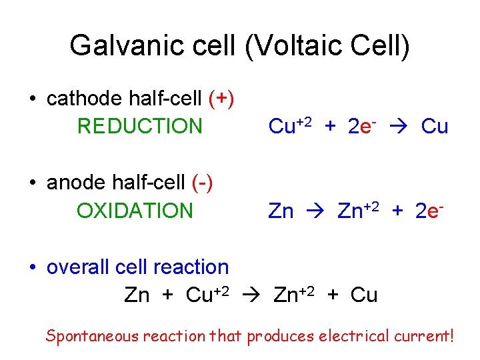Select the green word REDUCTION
139,126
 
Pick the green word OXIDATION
135,211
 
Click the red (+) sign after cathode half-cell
221,99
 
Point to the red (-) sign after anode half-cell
202,183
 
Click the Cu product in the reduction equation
435,126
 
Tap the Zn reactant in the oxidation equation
281,211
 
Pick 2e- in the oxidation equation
429,211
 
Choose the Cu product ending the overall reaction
363,295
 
